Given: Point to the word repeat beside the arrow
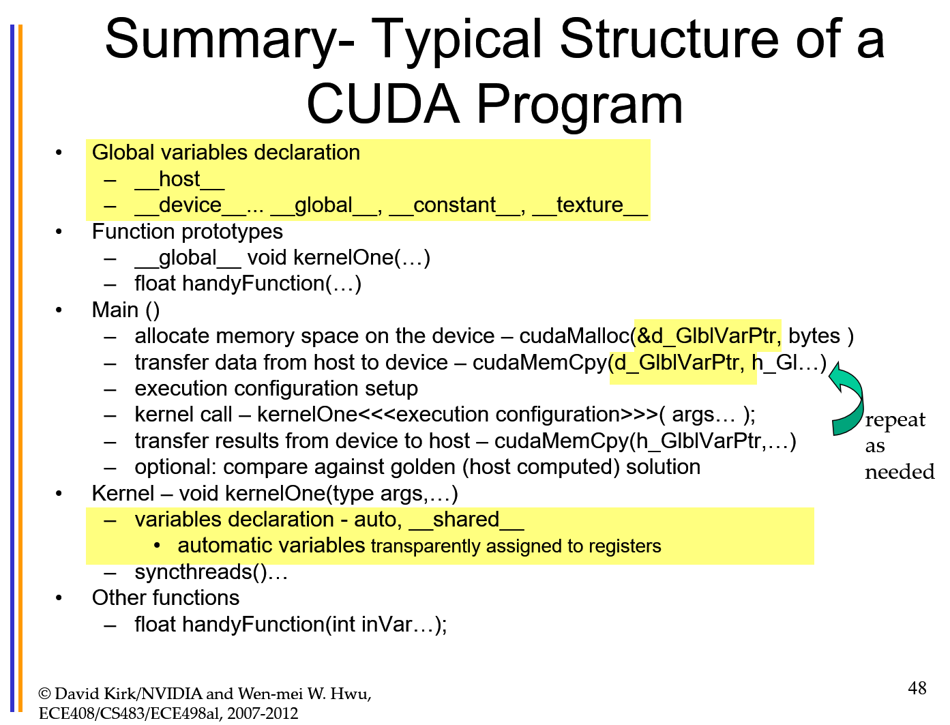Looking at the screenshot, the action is click(x=895, y=420).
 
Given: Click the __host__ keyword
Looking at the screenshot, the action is click(x=179, y=179).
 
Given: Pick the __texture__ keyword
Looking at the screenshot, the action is click(x=589, y=205).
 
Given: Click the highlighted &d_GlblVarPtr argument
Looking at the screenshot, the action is click(x=707, y=336).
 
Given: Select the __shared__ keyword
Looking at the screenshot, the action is click(x=466, y=520).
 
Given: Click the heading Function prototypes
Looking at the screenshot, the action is click(x=187, y=232).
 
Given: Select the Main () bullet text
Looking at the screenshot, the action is click(x=125, y=310).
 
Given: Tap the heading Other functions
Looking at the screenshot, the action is click(x=166, y=598).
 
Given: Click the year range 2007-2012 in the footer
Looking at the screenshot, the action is click(x=263, y=713).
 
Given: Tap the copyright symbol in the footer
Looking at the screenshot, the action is click(x=45, y=694).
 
